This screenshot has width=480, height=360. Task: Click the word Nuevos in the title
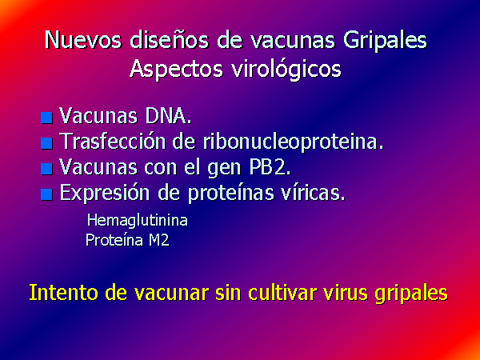click(x=83, y=40)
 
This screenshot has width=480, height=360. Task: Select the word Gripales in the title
click(x=385, y=41)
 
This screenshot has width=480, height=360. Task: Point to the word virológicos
click(x=286, y=69)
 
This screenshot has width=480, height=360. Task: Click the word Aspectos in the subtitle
click(x=176, y=69)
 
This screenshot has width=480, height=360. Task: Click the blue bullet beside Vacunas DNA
click(x=46, y=118)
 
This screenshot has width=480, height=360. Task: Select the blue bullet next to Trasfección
click(x=46, y=143)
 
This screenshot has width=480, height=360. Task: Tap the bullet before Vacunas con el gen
click(x=46, y=169)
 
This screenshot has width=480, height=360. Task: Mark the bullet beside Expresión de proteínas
click(x=46, y=194)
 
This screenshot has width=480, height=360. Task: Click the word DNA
click(x=168, y=116)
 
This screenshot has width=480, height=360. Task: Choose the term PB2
click(x=270, y=167)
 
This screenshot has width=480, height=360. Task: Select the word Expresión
click(x=105, y=194)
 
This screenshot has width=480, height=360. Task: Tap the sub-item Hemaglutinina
click(x=138, y=221)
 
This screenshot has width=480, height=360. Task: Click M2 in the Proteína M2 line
click(x=159, y=240)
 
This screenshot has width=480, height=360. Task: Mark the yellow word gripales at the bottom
click(x=411, y=294)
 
